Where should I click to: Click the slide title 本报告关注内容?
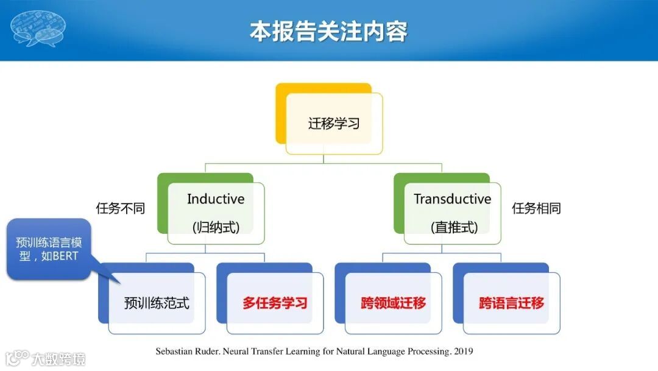(328, 31)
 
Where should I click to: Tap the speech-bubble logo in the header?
(38, 27)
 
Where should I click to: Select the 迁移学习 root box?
(329, 119)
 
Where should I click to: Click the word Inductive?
(216, 199)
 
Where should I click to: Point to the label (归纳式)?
(216, 227)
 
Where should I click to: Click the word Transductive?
(452, 199)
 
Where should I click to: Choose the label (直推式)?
(454, 227)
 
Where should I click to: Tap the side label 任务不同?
(121, 208)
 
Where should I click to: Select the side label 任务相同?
(536, 208)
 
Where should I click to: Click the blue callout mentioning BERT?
(49, 249)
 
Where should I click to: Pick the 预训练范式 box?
(152, 299)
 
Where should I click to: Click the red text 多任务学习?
(275, 303)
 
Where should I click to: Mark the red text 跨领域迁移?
(393, 303)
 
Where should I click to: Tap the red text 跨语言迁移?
(512, 303)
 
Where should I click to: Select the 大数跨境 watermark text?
(58, 359)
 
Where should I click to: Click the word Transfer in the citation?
(267, 352)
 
